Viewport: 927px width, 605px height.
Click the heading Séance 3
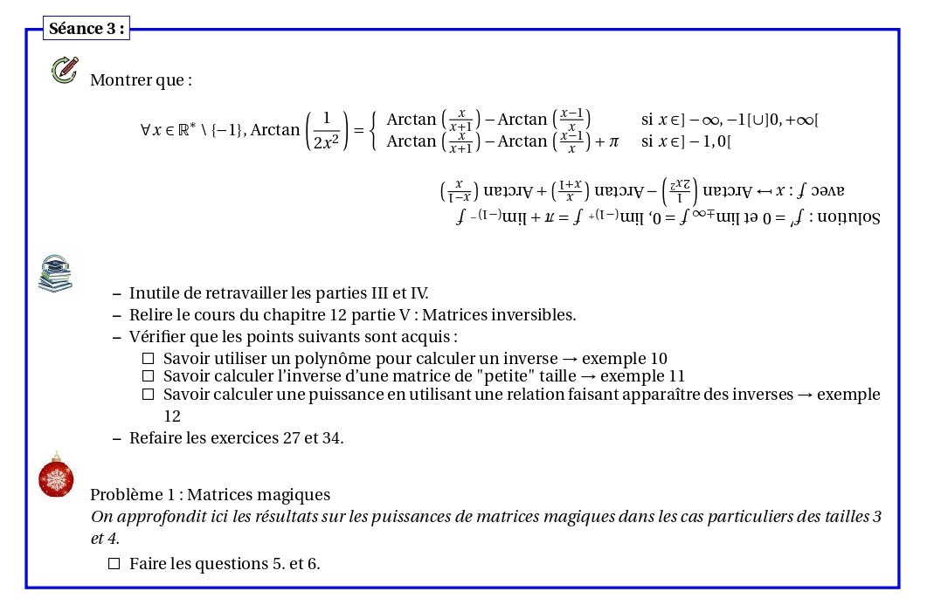coord(86,29)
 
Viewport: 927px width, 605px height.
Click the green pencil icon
coord(65,70)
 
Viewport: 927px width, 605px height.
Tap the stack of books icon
coord(55,272)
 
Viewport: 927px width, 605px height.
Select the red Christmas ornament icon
coord(56,477)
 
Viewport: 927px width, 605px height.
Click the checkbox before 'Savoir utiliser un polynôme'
coord(148,359)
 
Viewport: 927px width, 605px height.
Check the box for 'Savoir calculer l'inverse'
coord(148,376)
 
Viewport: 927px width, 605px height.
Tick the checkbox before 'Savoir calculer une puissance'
coord(148,395)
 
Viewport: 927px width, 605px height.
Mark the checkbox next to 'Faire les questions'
coord(114,564)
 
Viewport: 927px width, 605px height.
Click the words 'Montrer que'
coord(140,80)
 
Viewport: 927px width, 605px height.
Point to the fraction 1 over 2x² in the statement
coord(327,130)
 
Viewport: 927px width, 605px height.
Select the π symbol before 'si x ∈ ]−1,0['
coord(612,141)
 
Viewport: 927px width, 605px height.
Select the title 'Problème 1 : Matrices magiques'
coord(210,495)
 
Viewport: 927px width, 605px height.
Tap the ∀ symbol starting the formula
coord(145,130)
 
